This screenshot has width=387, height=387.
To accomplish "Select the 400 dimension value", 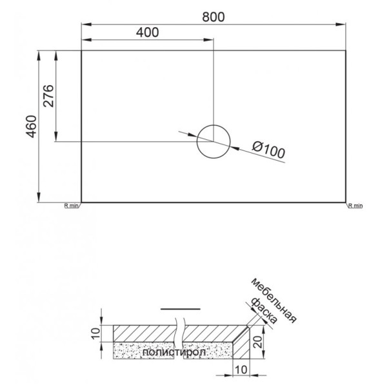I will tap(148, 32).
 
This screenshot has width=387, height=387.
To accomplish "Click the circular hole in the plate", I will tap(213, 141).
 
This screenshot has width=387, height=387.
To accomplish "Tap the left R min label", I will tap(71, 206).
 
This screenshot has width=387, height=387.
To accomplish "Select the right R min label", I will tap(355, 206).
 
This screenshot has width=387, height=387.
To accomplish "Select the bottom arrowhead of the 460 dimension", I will tap(40, 199).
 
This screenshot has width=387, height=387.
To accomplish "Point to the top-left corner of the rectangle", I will tap(81, 50).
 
